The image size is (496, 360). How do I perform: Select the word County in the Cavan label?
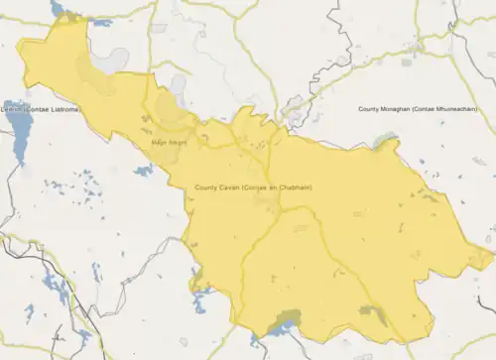(206, 188)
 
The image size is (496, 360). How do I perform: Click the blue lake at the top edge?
(59, 8)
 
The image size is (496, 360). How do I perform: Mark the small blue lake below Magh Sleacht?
(145, 171)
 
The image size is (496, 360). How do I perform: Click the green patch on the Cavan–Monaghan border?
(385, 140)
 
